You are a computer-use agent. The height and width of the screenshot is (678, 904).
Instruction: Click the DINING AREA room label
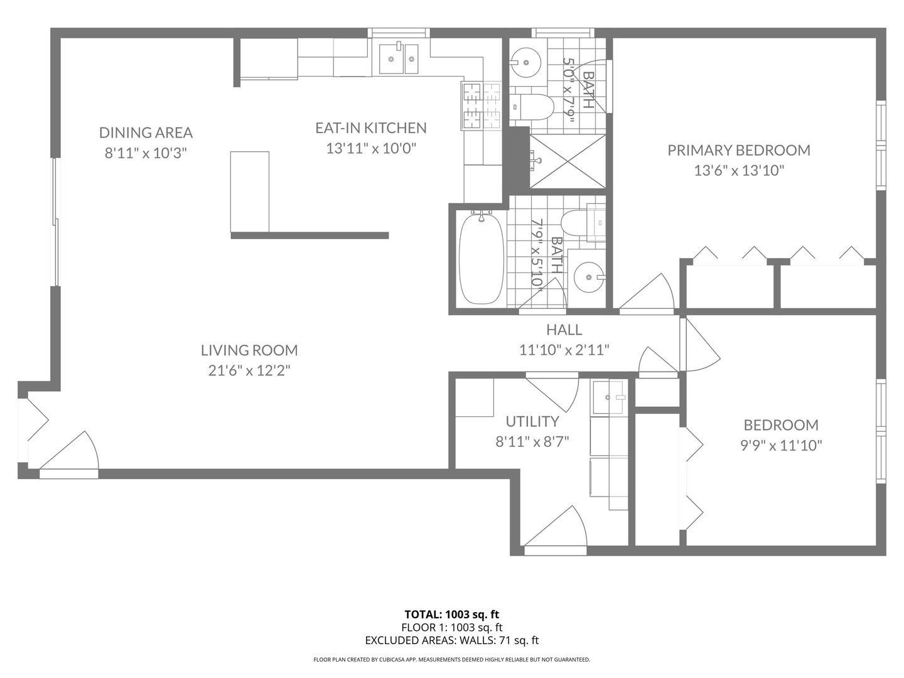click(x=146, y=132)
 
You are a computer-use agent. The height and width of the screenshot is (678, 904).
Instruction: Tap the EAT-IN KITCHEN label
click(x=370, y=128)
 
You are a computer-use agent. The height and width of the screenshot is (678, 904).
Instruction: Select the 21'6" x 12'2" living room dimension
click(x=249, y=370)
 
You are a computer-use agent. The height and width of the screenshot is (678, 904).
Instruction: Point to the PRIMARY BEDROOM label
click(x=739, y=150)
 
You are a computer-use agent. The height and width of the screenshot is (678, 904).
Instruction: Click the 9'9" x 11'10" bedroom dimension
click(x=781, y=446)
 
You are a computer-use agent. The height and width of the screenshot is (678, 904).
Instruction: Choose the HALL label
click(x=564, y=330)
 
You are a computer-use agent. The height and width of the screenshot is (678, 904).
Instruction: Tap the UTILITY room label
click(x=532, y=421)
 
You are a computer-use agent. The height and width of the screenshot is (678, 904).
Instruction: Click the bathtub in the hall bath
click(x=482, y=257)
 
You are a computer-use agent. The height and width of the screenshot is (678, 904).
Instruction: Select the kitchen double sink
click(x=398, y=59)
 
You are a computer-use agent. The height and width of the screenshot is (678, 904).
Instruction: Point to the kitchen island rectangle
click(x=250, y=192)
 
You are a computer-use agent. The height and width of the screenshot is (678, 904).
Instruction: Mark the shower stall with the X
click(x=567, y=161)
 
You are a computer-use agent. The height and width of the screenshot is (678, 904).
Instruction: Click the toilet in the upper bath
click(x=531, y=107)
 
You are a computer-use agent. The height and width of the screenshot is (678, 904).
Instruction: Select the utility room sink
click(x=608, y=397)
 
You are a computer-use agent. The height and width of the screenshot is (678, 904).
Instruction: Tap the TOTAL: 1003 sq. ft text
click(x=452, y=615)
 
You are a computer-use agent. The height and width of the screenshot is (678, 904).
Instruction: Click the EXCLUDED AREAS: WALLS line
click(x=452, y=640)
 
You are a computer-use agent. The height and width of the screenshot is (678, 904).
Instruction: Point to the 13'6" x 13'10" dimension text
click(x=739, y=170)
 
